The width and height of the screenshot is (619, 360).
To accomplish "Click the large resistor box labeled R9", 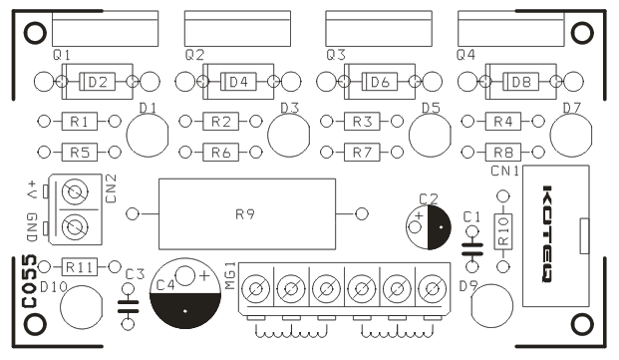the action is tap(247, 214).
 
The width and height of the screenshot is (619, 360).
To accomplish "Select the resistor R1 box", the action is tap(80, 122).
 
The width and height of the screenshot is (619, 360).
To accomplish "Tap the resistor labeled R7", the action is tap(362, 152).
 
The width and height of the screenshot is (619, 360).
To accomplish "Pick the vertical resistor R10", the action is tap(503, 231).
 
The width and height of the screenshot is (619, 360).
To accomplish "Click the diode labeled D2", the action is tap(97, 82).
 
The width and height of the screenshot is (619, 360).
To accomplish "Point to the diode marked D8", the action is tap(520, 82).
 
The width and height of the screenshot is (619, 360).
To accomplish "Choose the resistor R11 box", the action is tap(80, 267).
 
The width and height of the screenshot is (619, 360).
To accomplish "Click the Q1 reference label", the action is tap(62, 55).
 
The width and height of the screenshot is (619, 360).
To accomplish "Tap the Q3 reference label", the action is tap(336, 55).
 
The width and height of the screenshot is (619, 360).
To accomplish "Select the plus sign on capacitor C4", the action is tap(204, 275).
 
